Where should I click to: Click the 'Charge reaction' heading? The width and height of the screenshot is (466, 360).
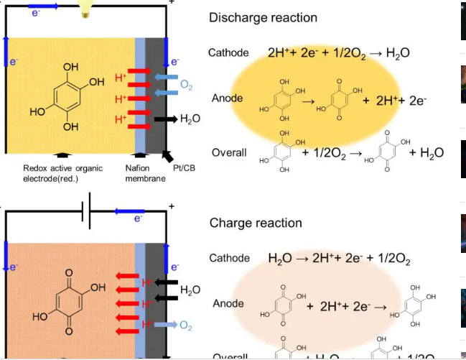coord(256,223)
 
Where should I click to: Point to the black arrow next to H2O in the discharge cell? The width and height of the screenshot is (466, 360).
coord(166,119)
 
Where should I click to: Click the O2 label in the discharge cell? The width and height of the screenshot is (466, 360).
coord(187,86)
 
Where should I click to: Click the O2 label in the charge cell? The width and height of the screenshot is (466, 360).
coord(186,326)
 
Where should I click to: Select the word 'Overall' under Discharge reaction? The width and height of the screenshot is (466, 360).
coord(229,152)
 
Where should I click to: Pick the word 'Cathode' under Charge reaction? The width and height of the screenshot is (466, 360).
coord(230,258)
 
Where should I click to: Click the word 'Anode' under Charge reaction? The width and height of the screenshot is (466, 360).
coord(228,304)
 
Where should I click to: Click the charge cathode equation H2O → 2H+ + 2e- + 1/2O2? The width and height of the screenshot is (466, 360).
coord(339,258)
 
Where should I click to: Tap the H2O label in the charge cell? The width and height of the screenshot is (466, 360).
coord(190,290)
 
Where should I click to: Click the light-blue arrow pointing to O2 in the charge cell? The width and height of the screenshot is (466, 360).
coord(166,326)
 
